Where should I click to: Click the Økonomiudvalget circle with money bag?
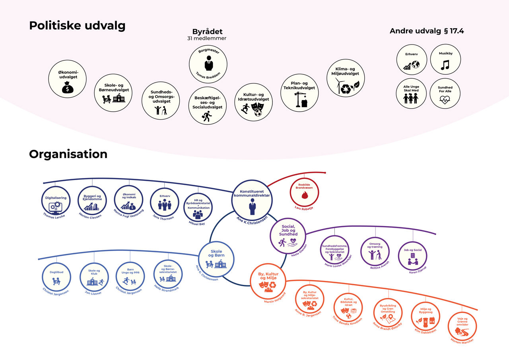point(67,79)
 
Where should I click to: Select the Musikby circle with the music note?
point(445,60)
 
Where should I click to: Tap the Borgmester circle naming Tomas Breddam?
point(208,64)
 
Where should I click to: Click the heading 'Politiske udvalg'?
point(77,25)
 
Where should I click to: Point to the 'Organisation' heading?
point(68,154)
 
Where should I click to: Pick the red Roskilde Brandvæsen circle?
point(305,191)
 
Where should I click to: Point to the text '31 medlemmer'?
point(207,39)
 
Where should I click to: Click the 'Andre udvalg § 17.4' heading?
point(427,31)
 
